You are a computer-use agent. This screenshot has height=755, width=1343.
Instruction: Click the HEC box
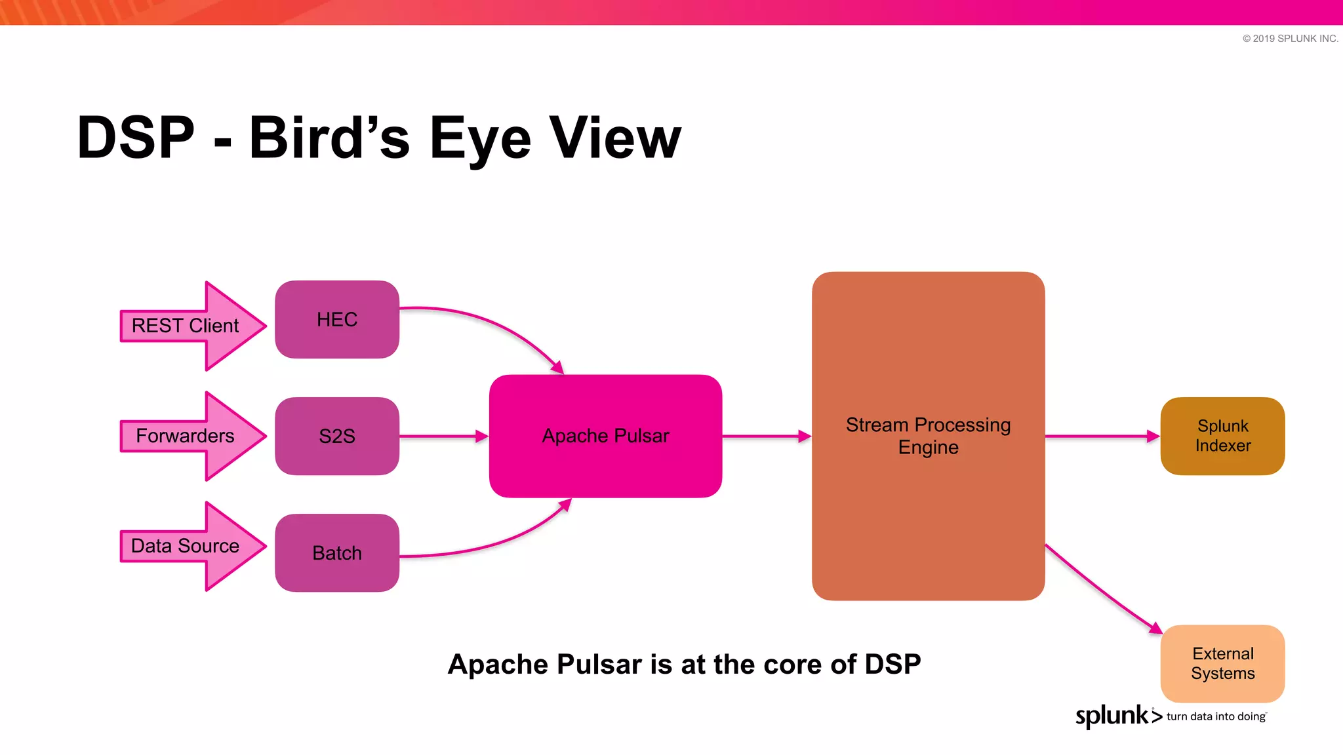click(336, 320)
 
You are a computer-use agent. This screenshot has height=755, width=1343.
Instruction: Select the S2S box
click(336, 436)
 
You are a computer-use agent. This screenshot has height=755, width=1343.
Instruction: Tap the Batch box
click(336, 553)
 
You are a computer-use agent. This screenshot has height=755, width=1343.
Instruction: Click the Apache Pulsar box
click(605, 436)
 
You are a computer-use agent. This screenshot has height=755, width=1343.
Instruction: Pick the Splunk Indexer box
click(1222, 436)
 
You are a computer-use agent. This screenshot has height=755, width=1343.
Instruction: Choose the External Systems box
click(1222, 663)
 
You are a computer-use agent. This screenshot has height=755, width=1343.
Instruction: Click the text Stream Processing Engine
click(928, 436)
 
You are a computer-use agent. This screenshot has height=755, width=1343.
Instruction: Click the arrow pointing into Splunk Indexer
click(1102, 436)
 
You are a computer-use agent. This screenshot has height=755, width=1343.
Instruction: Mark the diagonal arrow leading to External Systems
click(1102, 589)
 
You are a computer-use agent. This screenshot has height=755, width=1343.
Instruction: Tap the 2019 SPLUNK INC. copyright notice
click(1290, 39)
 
